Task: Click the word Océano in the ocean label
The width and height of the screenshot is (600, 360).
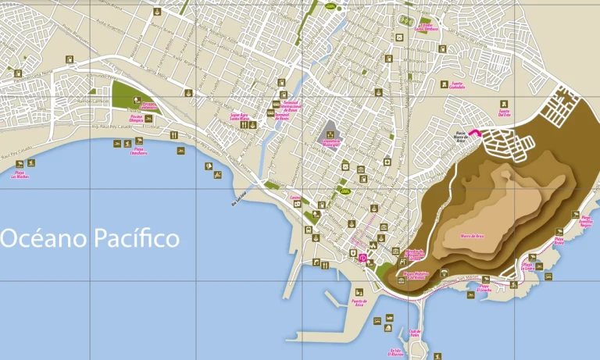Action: pyautogui.click(x=44, y=238)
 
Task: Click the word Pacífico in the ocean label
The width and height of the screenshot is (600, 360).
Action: pyautogui.click(x=137, y=238)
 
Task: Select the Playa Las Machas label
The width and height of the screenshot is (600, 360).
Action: pyautogui.click(x=20, y=175)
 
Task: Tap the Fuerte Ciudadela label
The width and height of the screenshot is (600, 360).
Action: pyautogui.click(x=457, y=86)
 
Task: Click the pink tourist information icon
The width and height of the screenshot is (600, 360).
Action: pyautogui.click(x=362, y=257)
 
